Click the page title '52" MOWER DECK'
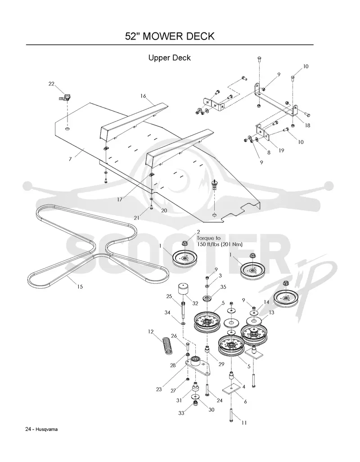click(170, 36)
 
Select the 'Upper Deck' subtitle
click(170, 58)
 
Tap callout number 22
click(51, 84)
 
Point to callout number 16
click(143, 96)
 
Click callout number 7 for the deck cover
click(70, 159)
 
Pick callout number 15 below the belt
click(80, 287)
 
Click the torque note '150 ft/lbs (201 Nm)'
click(220, 244)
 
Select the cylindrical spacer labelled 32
click(183, 291)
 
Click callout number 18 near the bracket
click(307, 125)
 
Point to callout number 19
click(282, 151)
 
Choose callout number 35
click(223, 287)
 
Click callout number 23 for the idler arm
click(159, 389)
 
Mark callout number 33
click(181, 413)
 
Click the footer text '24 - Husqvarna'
click(41, 429)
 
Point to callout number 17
click(120, 199)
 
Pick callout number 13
click(271, 312)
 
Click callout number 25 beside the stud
click(169, 296)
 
